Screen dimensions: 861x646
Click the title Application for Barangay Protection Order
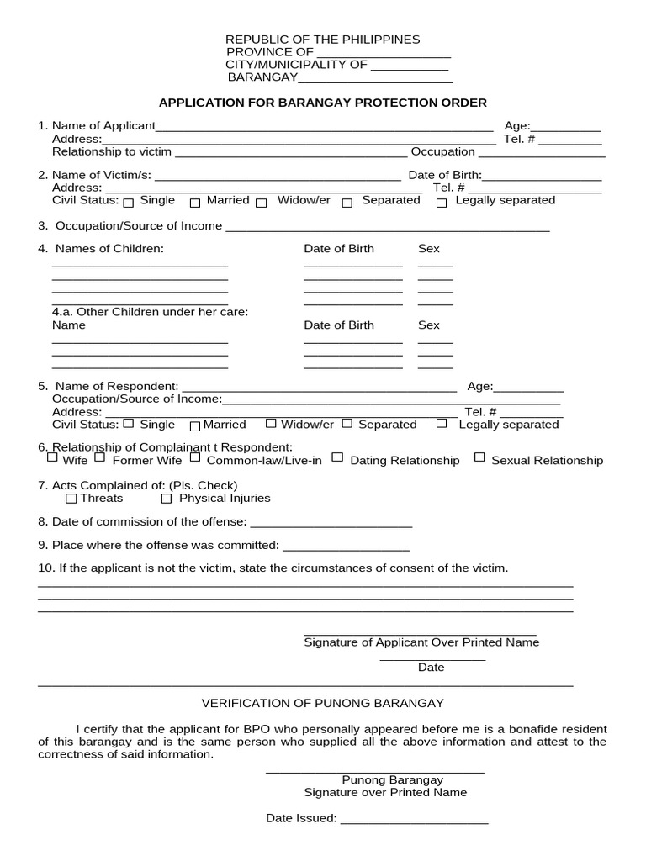click(x=323, y=103)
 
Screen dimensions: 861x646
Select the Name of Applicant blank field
click(x=325, y=127)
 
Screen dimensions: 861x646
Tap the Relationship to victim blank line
click(x=290, y=153)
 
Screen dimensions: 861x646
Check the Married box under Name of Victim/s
click(x=195, y=203)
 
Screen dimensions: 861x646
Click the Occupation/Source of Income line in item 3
click(x=388, y=227)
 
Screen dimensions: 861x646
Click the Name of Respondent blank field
click(x=319, y=387)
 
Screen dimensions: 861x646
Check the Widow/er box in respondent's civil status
click(x=271, y=424)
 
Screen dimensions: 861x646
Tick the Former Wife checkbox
click(x=99, y=458)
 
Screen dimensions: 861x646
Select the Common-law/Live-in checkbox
click(x=195, y=458)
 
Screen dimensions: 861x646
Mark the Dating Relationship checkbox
click(x=337, y=458)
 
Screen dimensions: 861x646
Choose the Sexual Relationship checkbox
click(x=479, y=458)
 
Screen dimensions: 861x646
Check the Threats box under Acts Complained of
click(x=71, y=499)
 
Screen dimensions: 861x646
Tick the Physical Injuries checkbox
click(x=167, y=499)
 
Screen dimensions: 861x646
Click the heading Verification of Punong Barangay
click(x=322, y=703)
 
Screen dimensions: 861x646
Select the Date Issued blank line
click(x=414, y=819)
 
